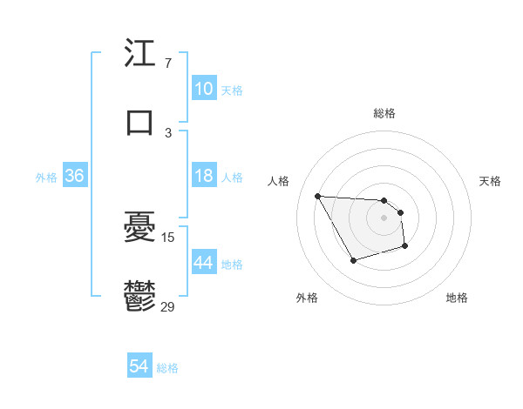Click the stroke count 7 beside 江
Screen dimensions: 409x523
pos(167,64)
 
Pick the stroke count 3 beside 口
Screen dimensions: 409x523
pos(167,132)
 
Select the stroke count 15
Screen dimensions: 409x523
pos(169,237)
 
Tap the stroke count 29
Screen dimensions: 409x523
pos(169,305)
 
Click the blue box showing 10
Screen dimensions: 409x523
pos(203,89)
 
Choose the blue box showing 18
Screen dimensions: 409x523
pos(203,176)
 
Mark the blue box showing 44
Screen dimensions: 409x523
pos(203,263)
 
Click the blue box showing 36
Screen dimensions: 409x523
pos(74,176)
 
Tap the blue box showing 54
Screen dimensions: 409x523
pos(139,367)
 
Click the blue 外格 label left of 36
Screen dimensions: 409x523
pos(46,177)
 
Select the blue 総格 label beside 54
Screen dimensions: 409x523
pos(167,368)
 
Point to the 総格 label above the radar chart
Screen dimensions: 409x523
pos(384,113)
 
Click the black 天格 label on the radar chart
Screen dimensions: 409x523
pos(490,181)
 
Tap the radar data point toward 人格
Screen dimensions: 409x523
pos(318,195)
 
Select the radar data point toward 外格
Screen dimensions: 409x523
pos(353,260)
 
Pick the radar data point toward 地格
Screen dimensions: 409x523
pos(405,247)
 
